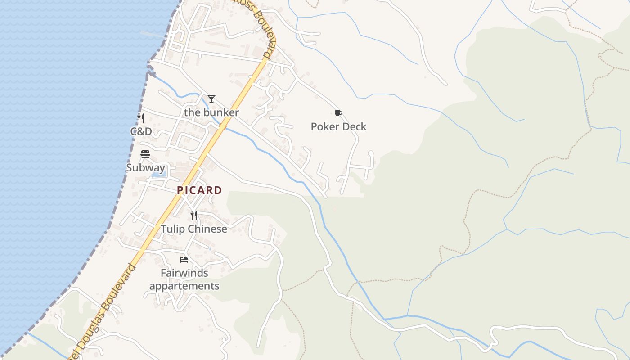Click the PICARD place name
199,190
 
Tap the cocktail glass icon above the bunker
211,99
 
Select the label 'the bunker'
211,112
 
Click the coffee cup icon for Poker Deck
338,113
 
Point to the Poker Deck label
338,127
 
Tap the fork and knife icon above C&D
141,118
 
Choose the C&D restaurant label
141,132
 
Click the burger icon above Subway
145,154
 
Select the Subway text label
145,168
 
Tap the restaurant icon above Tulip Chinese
194,216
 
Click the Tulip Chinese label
194,229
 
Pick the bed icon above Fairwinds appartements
184,260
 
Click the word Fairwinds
184,273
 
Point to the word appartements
184,286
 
